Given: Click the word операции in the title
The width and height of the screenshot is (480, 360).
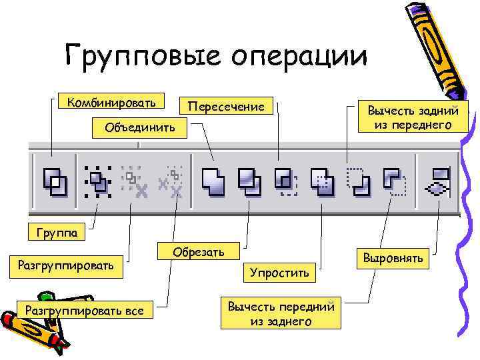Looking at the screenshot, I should (x=303, y=56).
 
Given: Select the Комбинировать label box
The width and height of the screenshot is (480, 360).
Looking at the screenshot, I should (x=107, y=103).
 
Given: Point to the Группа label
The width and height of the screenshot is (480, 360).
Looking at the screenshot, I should (x=57, y=233).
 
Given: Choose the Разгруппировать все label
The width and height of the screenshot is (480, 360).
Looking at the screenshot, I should (x=84, y=309).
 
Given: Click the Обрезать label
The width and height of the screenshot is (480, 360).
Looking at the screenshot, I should (x=199, y=252).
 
